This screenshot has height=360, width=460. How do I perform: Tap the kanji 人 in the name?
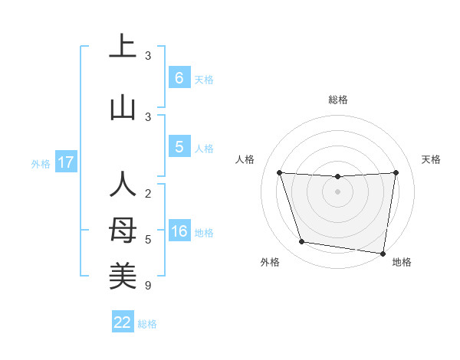click(x=123, y=185)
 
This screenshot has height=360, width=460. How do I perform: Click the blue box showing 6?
click(x=179, y=77)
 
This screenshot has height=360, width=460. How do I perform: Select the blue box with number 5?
click(x=179, y=146)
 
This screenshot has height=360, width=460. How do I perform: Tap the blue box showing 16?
click(x=179, y=231)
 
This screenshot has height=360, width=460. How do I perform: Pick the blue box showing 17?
click(x=65, y=162)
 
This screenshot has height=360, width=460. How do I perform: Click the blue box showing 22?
click(x=123, y=322)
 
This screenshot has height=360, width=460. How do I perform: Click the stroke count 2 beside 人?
click(x=148, y=195)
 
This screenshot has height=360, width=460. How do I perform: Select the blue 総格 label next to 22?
click(x=147, y=324)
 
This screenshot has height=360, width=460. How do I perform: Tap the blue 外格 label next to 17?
click(x=41, y=163)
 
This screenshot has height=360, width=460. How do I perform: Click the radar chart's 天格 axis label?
click(x=431, y=159)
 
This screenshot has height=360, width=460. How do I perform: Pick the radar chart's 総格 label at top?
click(x=338, y=100)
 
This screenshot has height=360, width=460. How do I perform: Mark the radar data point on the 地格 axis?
click(x=383, y=253)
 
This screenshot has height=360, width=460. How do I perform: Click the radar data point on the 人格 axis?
click(x=279, y=172)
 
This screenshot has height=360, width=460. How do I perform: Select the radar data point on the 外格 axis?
click(x=302, y=242)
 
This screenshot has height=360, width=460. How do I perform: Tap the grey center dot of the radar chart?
click(x=337, y=191)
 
